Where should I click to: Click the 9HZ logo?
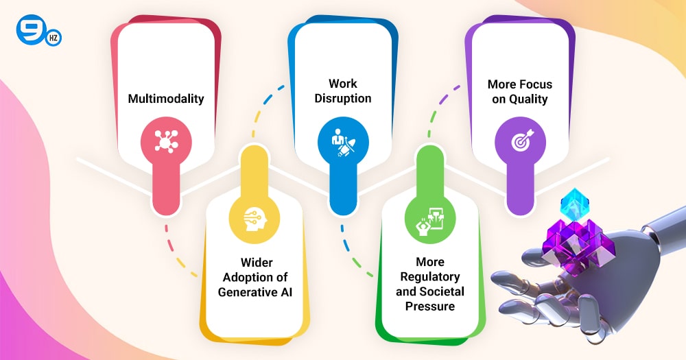click(x=38, y=31)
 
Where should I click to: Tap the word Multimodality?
click(x=166, y=99)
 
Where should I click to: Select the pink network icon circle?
click(x=166, y=142)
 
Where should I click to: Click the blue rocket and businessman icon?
click(x=343, y=142)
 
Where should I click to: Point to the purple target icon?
click(x=520, y=142)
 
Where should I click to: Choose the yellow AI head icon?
click(x=255, y=219)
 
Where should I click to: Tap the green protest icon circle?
click(x=430, y=219)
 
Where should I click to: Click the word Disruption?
click(x=343, y=99)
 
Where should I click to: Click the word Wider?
click(x=257, y=263)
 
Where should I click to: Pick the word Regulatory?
click(x=430, y=277)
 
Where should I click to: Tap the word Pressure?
click(x=430, y=307)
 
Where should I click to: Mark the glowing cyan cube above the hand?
click(x=574, y=204)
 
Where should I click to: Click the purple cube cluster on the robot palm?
click(x=578, y=244)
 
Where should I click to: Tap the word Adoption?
click(x=245, y=277)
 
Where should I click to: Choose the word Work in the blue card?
click(x=343, y=84)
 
